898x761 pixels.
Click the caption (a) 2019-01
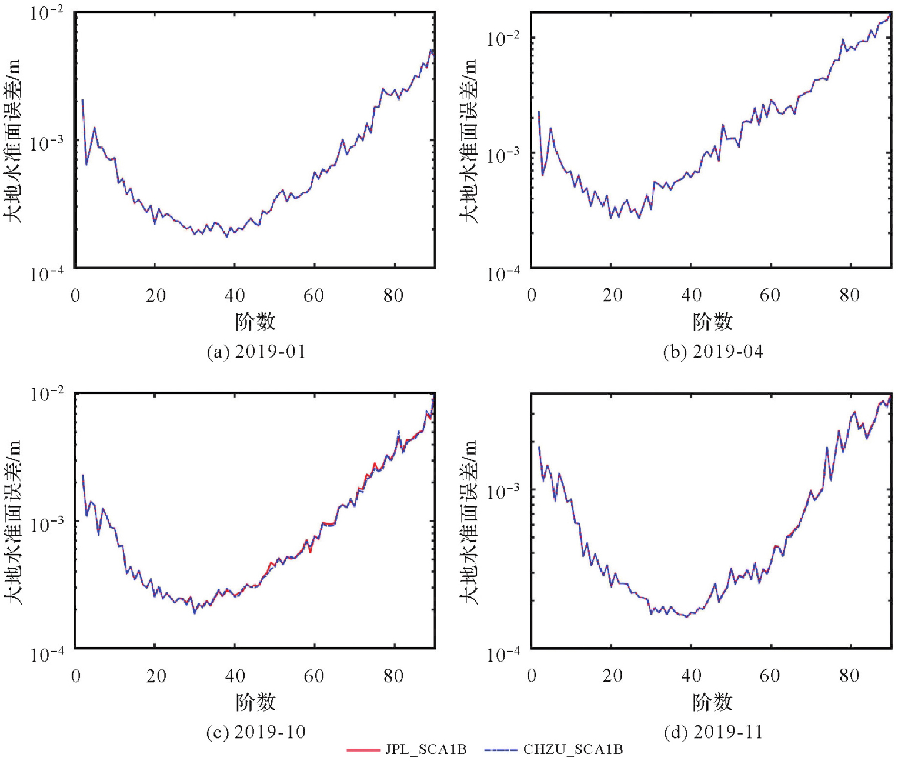pyautogui.click(x=256, y=352)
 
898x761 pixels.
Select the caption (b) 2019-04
pyautogui.click(x=713, y=352)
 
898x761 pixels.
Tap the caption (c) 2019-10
pyautogui.click(x=256, y=732)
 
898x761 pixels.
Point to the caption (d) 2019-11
pyautogui.click(x=713, y=732)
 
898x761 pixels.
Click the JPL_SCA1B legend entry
pyautogui.click(x=407, y=749)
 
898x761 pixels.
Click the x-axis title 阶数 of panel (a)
pyautogui.click(x=255, y=322)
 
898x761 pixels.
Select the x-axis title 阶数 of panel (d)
pyautogui.click(x=712, y=702)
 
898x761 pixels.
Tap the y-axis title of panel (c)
pyautogui.click(x=13, y=522)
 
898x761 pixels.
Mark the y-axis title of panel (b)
pyautogui.click(x=469, y=141)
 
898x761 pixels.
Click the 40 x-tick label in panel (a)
pyautogui.click(x=235, y=295)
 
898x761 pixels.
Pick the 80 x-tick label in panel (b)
pyautogui.click(x=850, y=295)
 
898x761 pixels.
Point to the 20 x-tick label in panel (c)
pyautogui.click(x=156, y=676)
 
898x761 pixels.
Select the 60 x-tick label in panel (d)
pyautogui.click(x=770, y=676)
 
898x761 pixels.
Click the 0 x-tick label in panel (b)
pyautogui.click(x=532, y=295)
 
